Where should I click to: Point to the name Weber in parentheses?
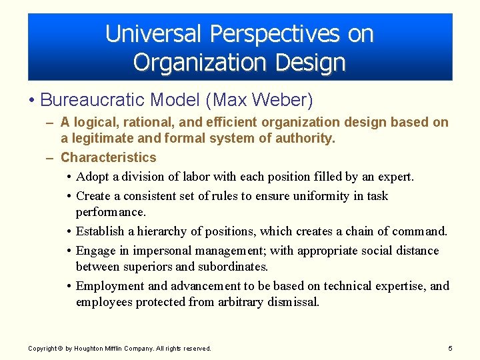(x=285, y=100)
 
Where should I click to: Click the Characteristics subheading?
(x=108, y=157)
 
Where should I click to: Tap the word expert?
(x=397, y=177)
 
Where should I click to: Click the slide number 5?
(x=451, y=348)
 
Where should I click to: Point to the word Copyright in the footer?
(x=43, y=349)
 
